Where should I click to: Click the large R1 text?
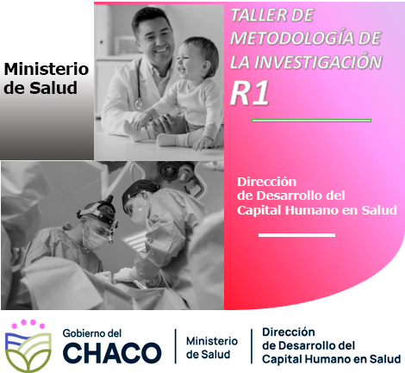[x=250, y=93]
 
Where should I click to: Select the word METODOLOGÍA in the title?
[x=290, y=38]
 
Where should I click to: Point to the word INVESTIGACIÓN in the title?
[x=318, y=62]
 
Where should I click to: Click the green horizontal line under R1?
[x=311, y=121]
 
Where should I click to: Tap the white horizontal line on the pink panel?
[x=296, y=235]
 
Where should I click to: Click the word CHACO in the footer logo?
[x=112, y=352]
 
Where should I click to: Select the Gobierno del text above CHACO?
[x=92, y=333]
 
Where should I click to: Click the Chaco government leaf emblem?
[x=28, y=345]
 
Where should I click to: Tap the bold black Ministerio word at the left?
[x=47, y=69]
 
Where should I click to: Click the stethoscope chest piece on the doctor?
[x=139, y=103]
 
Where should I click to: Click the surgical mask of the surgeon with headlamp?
[x=93, y=239]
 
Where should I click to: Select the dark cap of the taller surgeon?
[x=140, y=191]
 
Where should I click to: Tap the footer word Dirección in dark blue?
[x=289, y=332]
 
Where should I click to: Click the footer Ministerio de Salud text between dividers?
[x=212, y=348]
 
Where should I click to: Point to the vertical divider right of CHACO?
[x=176, y=346]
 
